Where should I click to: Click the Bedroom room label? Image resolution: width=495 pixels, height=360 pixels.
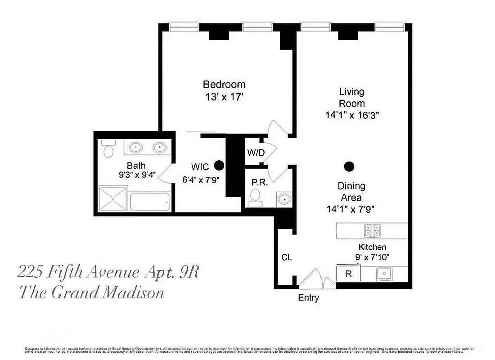coord(224,84)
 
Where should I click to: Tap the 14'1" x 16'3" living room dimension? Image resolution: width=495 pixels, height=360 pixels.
coord(352,115)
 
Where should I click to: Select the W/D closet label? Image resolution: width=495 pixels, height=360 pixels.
coord(256,153)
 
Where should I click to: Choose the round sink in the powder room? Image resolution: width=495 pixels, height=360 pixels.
coord(284,198)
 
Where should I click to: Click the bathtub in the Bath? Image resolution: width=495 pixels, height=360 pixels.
coord(150,201)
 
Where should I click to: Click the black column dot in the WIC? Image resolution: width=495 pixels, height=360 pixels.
coord(219,165)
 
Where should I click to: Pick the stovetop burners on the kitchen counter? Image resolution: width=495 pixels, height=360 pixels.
coord(373,231)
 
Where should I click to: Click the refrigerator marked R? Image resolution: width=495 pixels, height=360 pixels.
coord(348,273)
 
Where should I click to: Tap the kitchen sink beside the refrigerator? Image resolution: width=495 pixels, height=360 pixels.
coord(384,273)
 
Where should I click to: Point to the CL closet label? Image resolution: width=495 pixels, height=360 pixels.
coord(287,258)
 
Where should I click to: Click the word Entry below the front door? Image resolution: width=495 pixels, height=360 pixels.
coord(309,297)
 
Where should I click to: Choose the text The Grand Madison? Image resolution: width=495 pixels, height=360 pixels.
coord(91,293)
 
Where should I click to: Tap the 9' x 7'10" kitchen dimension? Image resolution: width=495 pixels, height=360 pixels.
coord(372,257)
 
